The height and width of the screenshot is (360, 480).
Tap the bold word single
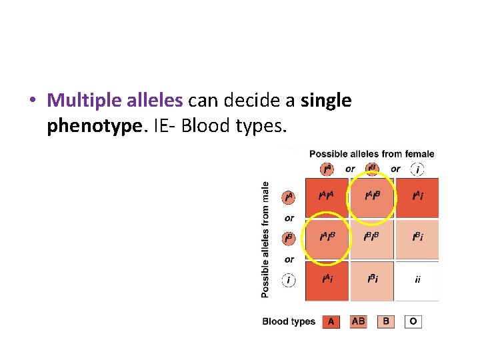coord(326,101)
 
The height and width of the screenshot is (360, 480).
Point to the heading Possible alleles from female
coord(371,154)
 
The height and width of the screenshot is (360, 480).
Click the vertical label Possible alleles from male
coord(265,239)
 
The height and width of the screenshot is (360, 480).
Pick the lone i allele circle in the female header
coord(418,169)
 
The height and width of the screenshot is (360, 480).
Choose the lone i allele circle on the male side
coord(289,280)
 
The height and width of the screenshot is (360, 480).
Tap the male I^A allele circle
coord(289,197)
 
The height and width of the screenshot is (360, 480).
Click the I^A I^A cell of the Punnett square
coord(327,197)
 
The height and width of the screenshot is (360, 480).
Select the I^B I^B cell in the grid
coord(372,238)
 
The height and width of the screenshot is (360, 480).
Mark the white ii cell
coord(417,280)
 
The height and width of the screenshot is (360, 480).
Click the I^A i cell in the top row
coord(417,197)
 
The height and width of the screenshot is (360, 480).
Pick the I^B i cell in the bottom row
coord(372,280)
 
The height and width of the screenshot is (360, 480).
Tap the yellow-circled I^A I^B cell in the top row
coord(372,197)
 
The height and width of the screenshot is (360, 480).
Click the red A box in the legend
coord(331,321)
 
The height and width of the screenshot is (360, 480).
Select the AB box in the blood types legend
coord(358,321)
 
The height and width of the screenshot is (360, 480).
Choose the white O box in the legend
coord(413,321)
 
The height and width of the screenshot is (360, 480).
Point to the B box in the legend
coord(386,321)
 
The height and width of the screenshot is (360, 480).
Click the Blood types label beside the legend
coord(289,321)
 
